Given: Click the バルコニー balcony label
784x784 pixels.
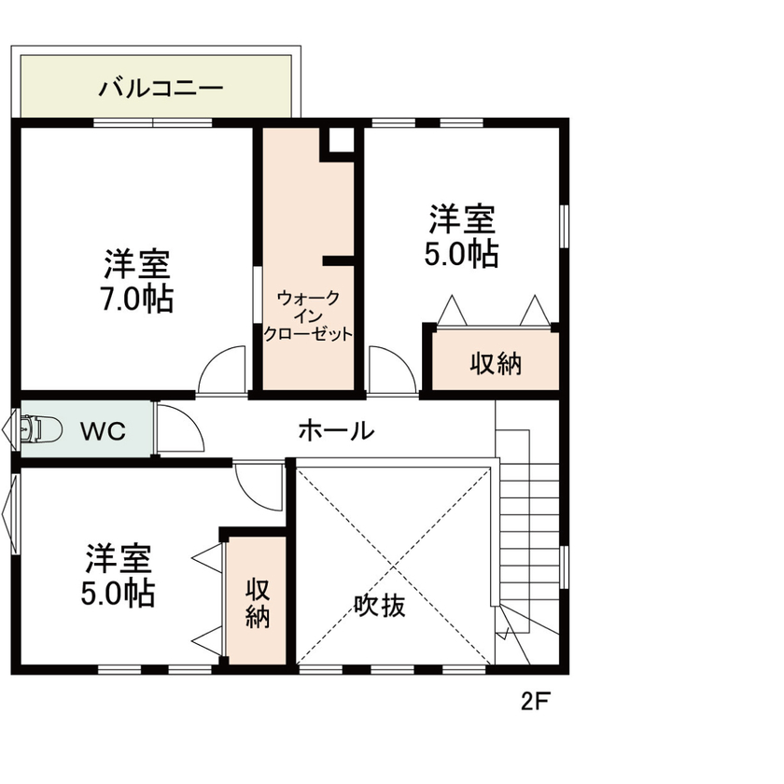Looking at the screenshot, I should point(161,90).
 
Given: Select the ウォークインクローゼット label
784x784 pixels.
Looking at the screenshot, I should point(308,316).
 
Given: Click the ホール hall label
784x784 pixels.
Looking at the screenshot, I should point(336,431).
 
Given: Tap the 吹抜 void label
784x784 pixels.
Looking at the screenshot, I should point(380,606).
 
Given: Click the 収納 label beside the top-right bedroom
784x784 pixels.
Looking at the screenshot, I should point(496,364).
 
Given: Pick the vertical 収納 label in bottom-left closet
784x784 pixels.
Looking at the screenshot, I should point(258,603).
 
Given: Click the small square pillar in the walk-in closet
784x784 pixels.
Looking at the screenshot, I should point(340,141).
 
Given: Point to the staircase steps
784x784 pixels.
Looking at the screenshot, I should point(528,523).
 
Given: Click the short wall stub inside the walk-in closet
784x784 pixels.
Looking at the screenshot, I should point(339,260).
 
